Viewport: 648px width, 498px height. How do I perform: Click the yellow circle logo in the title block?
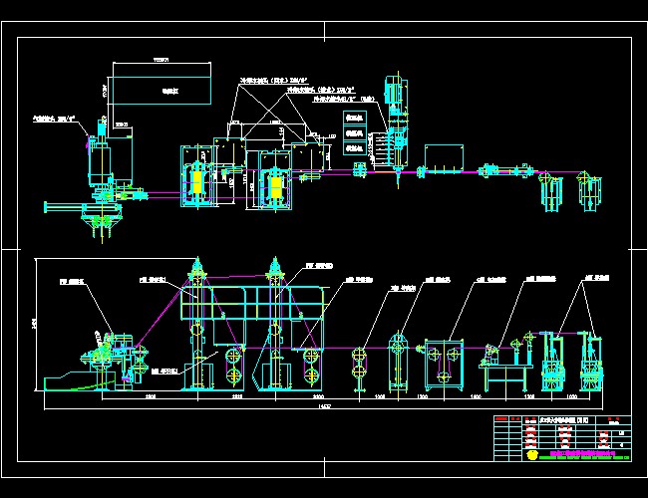point(531,454)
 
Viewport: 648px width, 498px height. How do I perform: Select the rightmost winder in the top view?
point(593,190)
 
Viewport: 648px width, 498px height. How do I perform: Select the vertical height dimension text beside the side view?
point(35,324)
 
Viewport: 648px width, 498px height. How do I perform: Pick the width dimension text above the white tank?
point(161,61)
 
